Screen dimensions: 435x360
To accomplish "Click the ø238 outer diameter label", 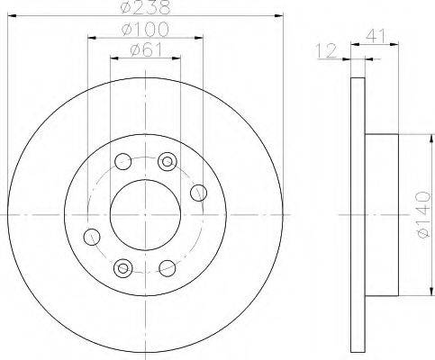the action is click(x=145, y=7).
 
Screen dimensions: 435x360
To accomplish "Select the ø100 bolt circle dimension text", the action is click(x=145, y=30).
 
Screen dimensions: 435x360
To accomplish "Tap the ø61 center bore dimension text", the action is click(x=146, y=49).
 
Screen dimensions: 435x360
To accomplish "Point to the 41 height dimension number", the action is click(x=375, y=36).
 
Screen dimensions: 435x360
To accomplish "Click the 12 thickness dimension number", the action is click(x=327, y=50).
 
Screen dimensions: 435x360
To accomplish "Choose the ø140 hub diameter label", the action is click(x=424, y=214).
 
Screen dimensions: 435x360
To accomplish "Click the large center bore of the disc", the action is click(x=145, y=215).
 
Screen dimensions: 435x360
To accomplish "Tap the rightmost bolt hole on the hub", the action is click(x=198, y=193).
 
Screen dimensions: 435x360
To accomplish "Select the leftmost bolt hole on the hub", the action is click(x=92, y=237).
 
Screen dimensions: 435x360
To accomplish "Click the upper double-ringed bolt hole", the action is click(x=168, y=162).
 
